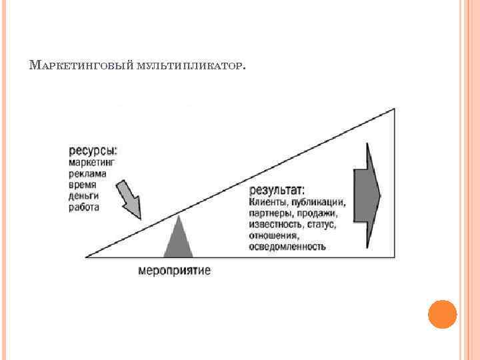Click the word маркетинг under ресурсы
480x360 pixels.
pyautogui.click(x=93, y=162)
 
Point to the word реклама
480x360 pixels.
pyautogui.click(x=87, y=173)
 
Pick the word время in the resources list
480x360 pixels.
pyautogui.click(x=83, y=185)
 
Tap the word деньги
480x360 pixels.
pyautogui.click(x=84, y=196)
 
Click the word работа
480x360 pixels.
pyautogui.click(x=84, y=207)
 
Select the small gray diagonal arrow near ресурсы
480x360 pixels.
pyautogui.click(x=129, y=199)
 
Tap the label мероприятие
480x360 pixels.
pyautogui.click(x=175, y=271)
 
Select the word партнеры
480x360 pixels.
pyautogui.click(x=270, y=214)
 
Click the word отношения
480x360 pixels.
pyautogui.click(x=273, y=236)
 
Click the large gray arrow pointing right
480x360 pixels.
pyautogui.click(x=366, y=195)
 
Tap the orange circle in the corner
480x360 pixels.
pyautogui.click(x=442, y=314)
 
